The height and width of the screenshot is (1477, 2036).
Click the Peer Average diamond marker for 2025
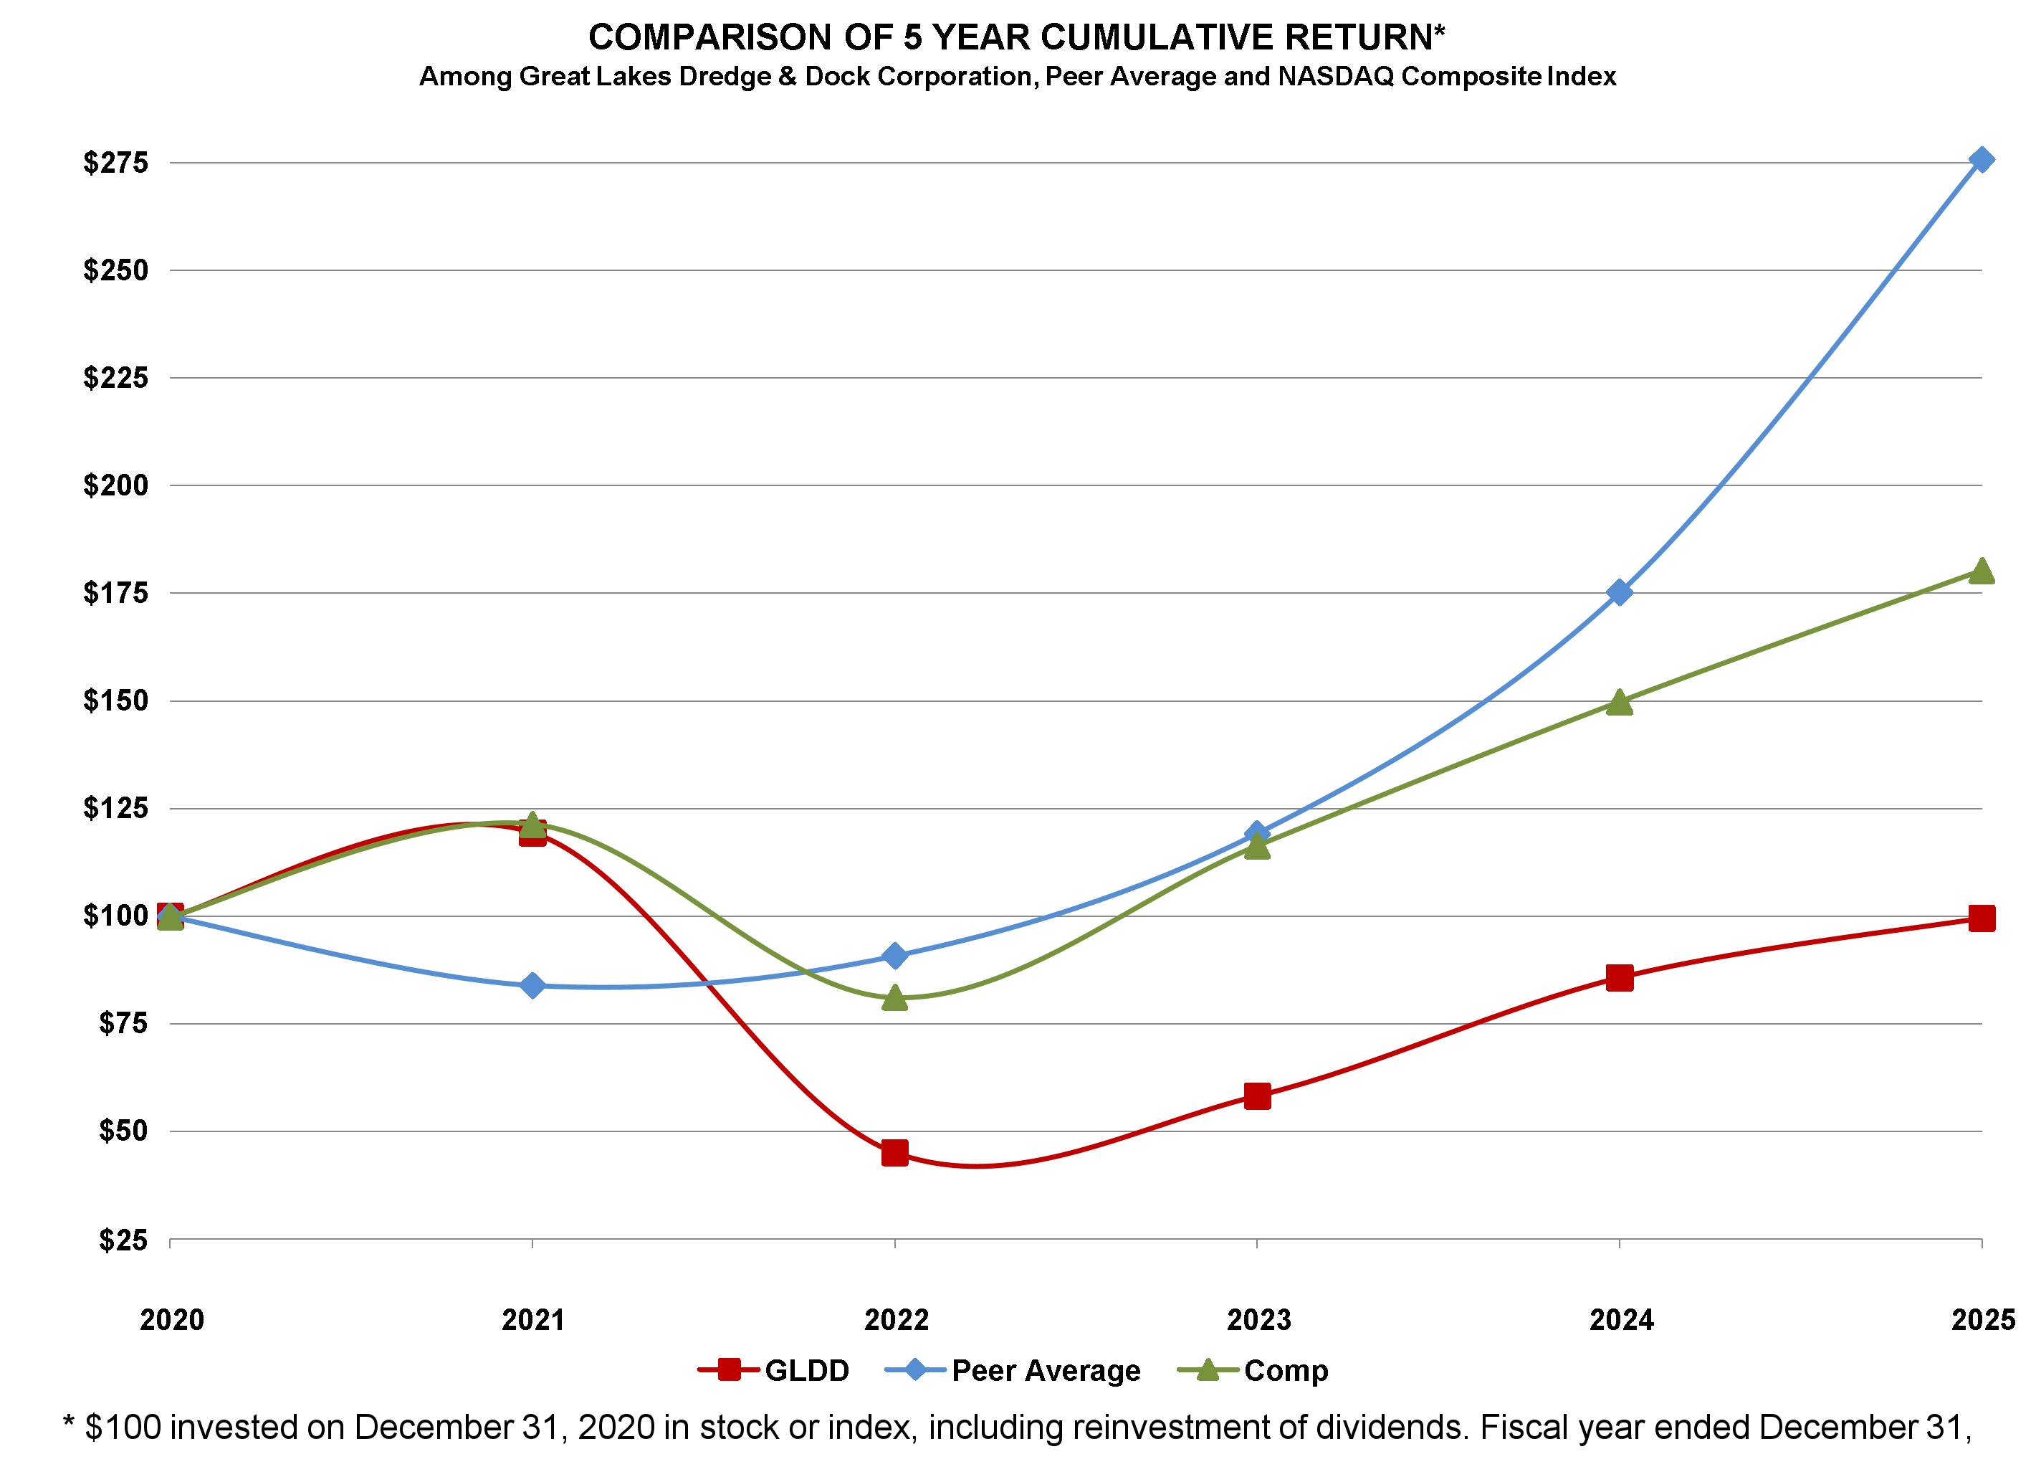click(1980, 160)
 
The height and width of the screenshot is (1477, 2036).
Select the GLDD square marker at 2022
click(894, 1152)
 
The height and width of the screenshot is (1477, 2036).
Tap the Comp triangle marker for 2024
click(1619, 702)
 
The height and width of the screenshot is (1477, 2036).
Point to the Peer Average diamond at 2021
click(532, 985)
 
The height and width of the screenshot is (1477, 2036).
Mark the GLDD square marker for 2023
click(1257, 1096)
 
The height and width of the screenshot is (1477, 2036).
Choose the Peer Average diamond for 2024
click(1619, 592)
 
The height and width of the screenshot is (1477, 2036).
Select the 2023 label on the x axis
click(1258, 1319)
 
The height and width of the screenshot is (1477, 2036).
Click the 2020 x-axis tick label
click(171, 1319)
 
